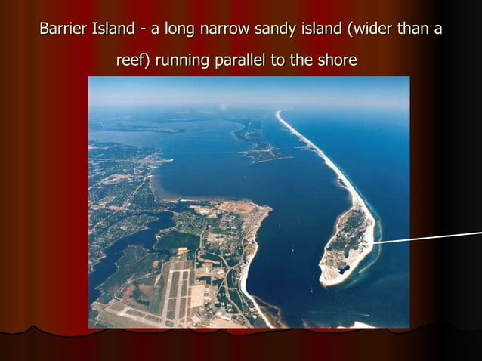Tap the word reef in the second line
[132, 60]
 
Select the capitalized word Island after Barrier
[113, 30]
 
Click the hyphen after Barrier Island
[142, 32]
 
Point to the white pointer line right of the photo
[431, 239]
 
